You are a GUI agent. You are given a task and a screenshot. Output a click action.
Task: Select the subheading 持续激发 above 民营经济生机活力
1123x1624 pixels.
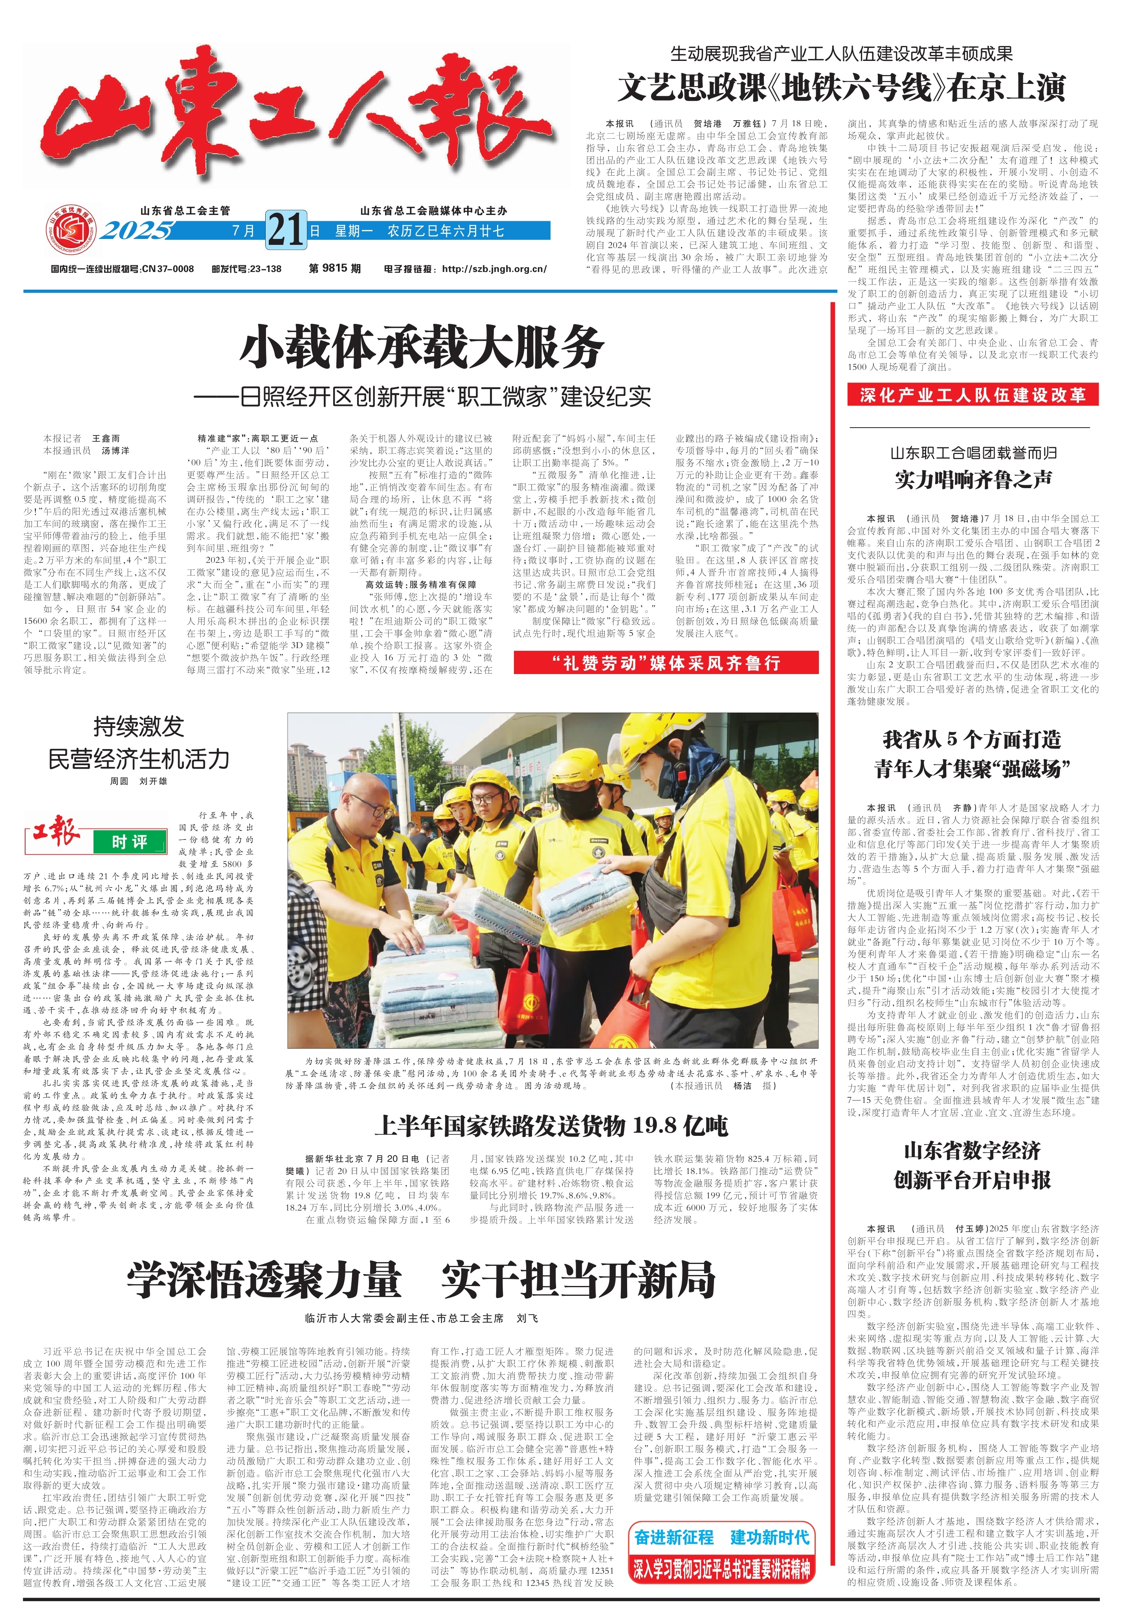click(x=139, y=726)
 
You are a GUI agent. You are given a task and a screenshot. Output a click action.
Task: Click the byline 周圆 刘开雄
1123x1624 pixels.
click(x=139, y=781)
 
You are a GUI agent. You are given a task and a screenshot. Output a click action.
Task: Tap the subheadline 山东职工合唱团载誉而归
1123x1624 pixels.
click(x=973, y=452)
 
